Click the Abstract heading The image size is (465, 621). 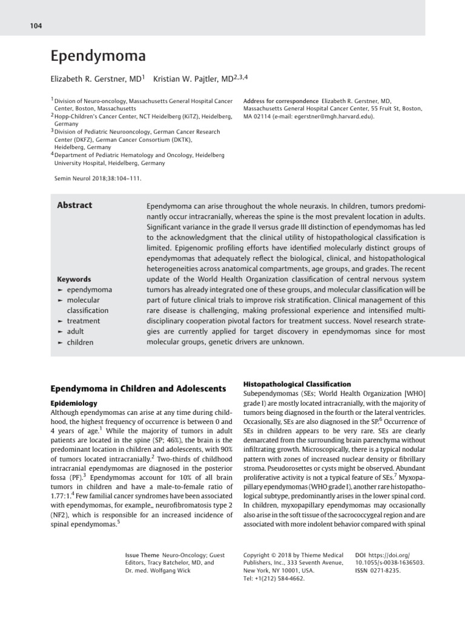pos(74,205)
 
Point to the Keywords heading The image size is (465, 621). pos(74,280)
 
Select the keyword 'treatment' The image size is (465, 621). pos(83,321)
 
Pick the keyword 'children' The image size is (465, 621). pos(80,342)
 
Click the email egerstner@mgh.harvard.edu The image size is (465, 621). pos(318,117)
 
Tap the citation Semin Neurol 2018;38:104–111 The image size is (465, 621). pos(97,178)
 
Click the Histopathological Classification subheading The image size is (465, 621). pos(297,384)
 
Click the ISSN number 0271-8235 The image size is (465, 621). pos(386,571)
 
